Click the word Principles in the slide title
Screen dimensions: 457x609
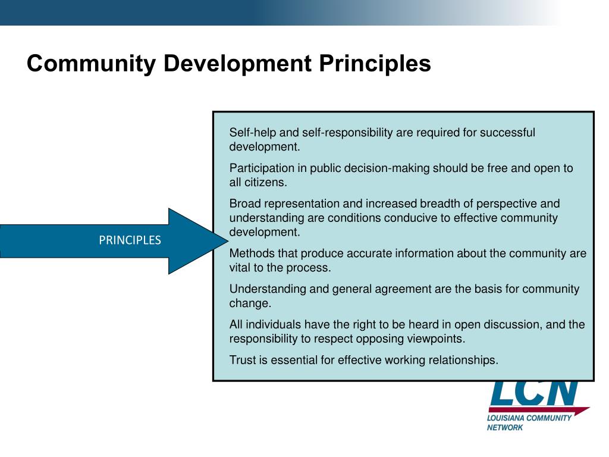click(376, 64)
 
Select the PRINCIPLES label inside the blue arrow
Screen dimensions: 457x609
click(130, 240)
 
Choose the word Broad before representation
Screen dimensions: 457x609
click(244, 204)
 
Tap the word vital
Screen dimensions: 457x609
click(241, 268)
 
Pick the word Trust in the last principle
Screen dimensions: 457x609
click(243, 360)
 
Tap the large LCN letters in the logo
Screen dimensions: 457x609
click(533, 392)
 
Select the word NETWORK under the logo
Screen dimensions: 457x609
click(505, 428)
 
